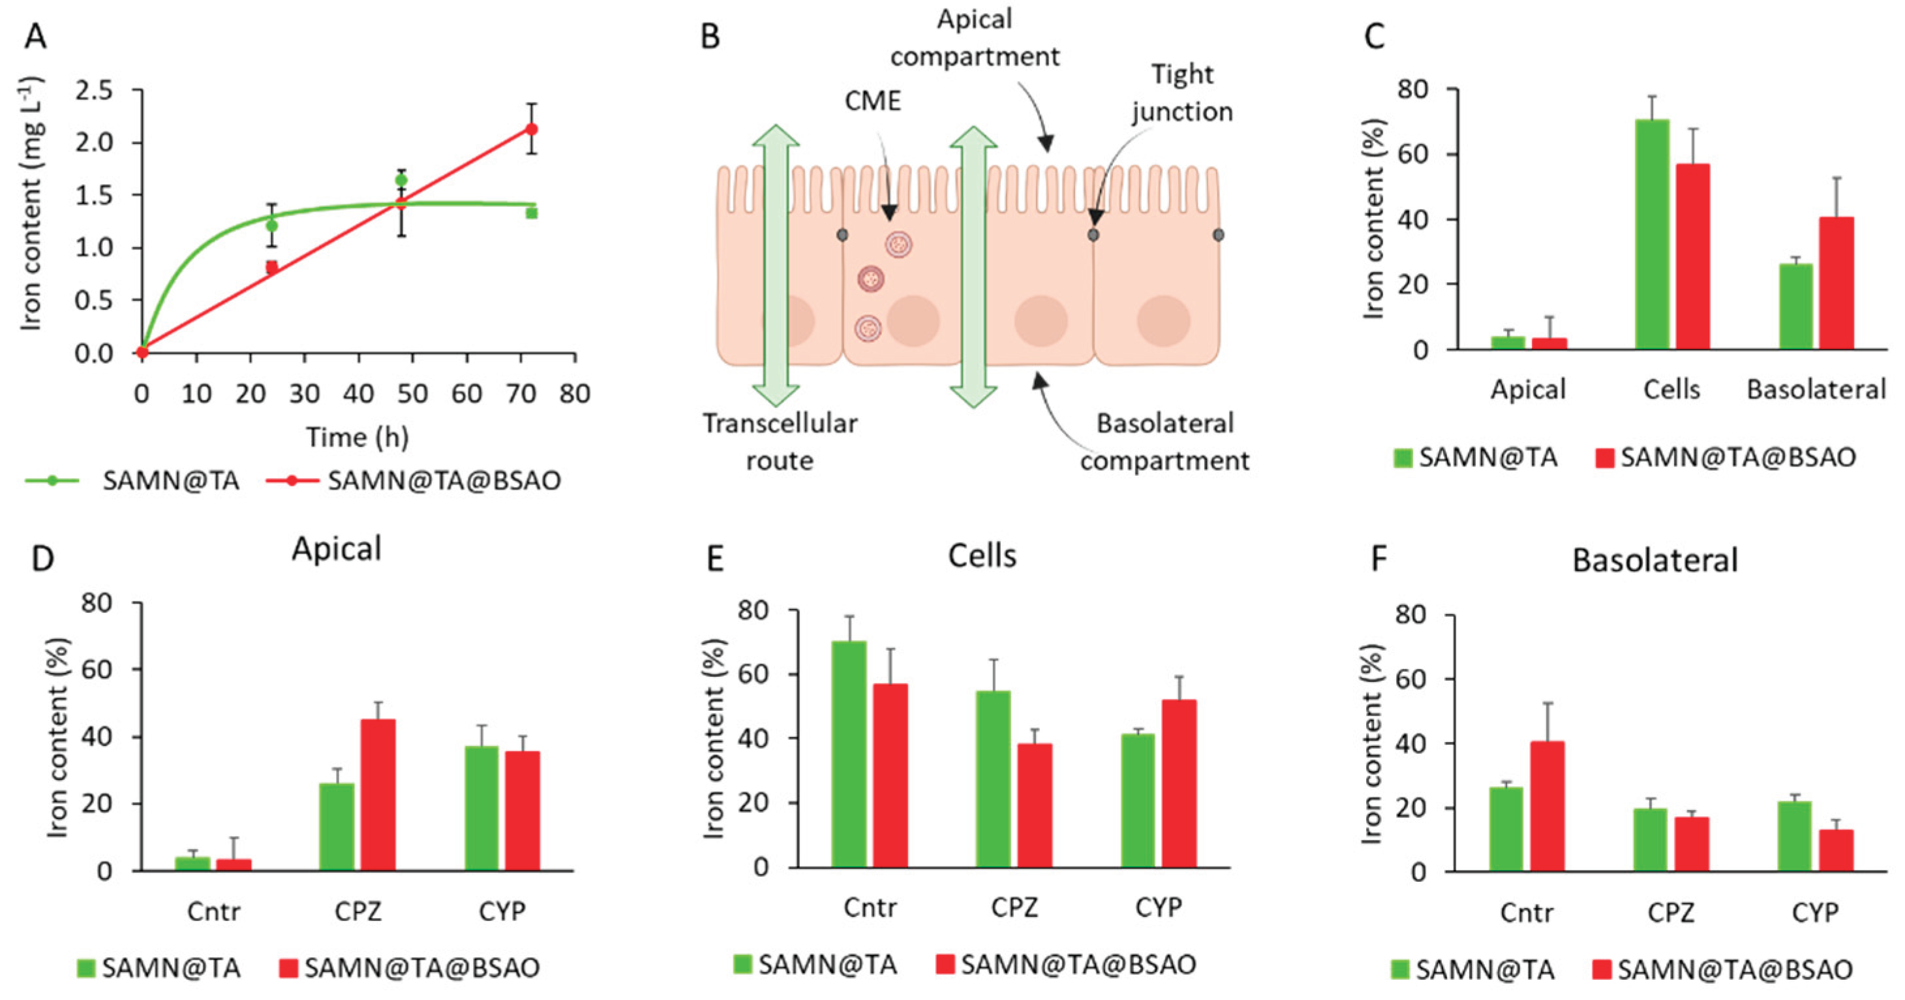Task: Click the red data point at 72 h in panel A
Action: (x=531, y=129)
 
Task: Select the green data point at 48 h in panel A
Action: (x=402, y=180)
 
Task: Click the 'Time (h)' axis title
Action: (x=358, y=437)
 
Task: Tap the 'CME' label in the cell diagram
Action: (x=873, y=101)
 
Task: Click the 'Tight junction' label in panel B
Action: (x=1181, y=93)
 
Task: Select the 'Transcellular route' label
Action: (x=780, y=441)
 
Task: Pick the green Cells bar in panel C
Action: (x=1653, y=234)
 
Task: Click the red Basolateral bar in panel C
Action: (x=1837, y=283)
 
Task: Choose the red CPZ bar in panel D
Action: (x=378, y=794)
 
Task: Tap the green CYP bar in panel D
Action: (x=481, y=807)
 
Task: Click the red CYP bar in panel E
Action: (x=1179, y=783)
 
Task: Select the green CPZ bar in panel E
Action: (x=993, y=779)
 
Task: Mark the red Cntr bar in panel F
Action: (x=1547, y=806)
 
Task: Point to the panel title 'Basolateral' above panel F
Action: (x=1655, y=560)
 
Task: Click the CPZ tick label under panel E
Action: (x=1014, y=907)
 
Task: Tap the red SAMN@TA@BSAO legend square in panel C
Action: (x=1605, y=458)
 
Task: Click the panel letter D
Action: (x=43, y=557)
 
